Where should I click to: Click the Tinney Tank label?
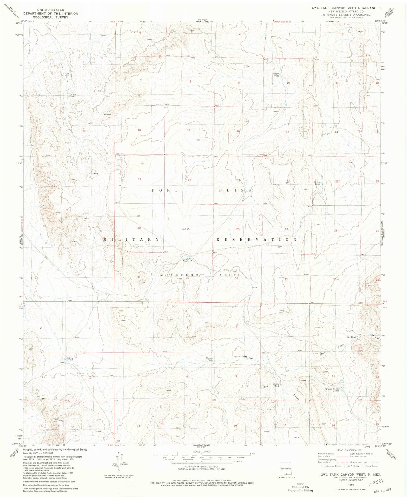click(x=71, y=95)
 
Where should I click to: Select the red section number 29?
click(x=189, y=229)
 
